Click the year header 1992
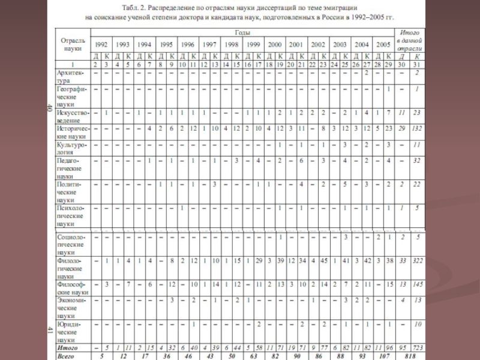101,45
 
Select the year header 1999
253,45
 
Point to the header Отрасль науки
73,44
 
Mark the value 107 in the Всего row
382,356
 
